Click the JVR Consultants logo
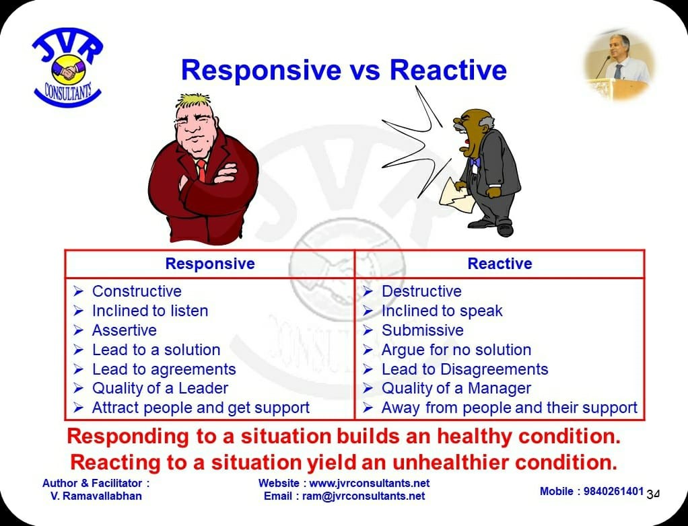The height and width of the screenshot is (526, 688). [x=67, y=67]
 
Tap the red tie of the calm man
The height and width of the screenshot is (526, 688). [x=201, y=170]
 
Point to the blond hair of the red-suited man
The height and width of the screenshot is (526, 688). [x=193, y=101]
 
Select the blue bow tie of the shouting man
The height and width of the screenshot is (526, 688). [x=475, y=163]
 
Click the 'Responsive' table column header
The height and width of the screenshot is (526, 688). [x=210, y=264]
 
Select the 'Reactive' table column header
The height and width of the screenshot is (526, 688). [x=500, y=264]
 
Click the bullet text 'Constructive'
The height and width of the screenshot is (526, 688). [x=137, y=291]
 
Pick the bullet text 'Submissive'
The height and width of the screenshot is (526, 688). [x=423, y=330]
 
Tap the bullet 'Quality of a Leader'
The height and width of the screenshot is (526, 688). [x=160, y=388]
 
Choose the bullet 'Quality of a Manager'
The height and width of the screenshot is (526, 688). [x=456, y=388]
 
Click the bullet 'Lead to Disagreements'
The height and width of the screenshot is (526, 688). [x=465, y=369]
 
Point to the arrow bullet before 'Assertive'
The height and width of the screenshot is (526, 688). [x=78, y=330]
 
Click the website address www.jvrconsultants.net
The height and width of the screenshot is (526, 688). [x=370, y=483]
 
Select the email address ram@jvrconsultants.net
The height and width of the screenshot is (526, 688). [x=364, y=496]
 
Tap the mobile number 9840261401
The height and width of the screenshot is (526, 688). [x=613, y=491]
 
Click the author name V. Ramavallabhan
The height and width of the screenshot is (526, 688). [x=96, y=496]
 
